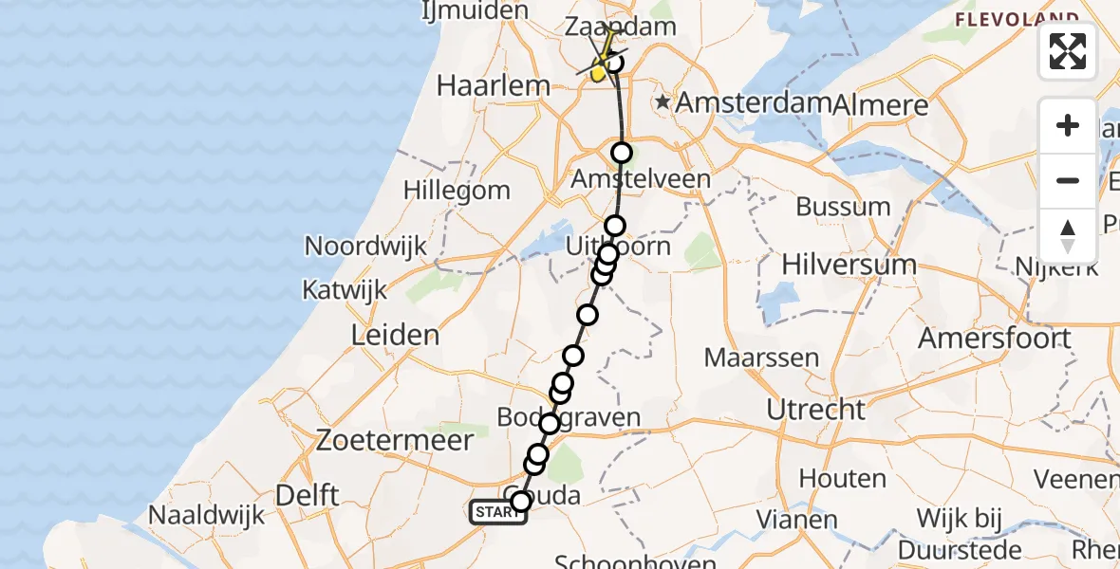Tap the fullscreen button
[x=1068, y=51]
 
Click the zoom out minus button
[x=1068, y=180]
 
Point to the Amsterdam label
[x=754, y=103]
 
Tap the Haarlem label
[x=493, y=85]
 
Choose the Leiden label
[x=395, y=335]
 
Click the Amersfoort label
[x=995, y=338]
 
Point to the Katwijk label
[x=345, y=289]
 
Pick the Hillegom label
[x=457, y=189]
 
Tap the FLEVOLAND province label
[x=1017, y=19]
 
